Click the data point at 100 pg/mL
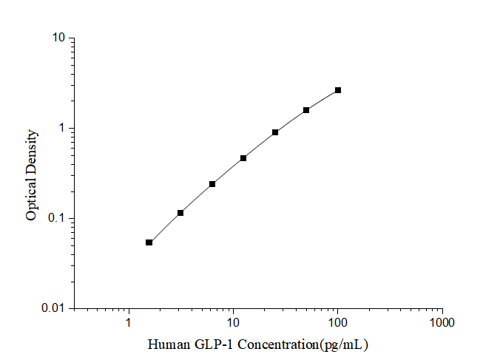(338, 90)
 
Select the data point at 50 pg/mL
(306, 110)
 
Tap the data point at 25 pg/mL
(275, 132)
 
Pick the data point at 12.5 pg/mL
(243, 158)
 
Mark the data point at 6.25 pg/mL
(212, 184)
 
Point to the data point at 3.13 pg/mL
(180, 213)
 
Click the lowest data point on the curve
(149, 242)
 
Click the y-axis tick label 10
(58, 38)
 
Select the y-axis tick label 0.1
(56, 218)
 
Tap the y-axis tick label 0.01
(53, 308)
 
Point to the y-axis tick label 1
(62, 129)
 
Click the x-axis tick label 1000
(442, 323)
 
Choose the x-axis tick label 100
(338, 323)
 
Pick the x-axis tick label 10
(233, 323)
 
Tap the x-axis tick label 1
(129, 323)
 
